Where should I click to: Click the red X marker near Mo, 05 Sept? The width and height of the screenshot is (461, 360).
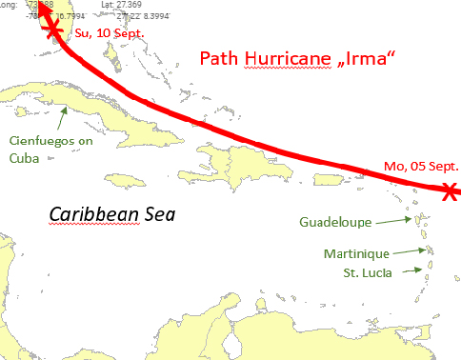click(x=450, y=190)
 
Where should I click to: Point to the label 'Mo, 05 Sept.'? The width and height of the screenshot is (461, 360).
click(x=421, y=167)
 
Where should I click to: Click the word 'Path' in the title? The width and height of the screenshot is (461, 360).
click(x=218, y=59)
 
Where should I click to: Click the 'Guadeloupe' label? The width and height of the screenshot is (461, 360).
click(x=333, y=222)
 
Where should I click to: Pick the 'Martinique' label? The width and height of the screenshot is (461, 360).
click(x=356, y=253)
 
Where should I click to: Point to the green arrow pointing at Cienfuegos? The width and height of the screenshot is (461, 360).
click(x=61, y=118)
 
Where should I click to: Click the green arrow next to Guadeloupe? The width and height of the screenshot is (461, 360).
click(x=393, y=221)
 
